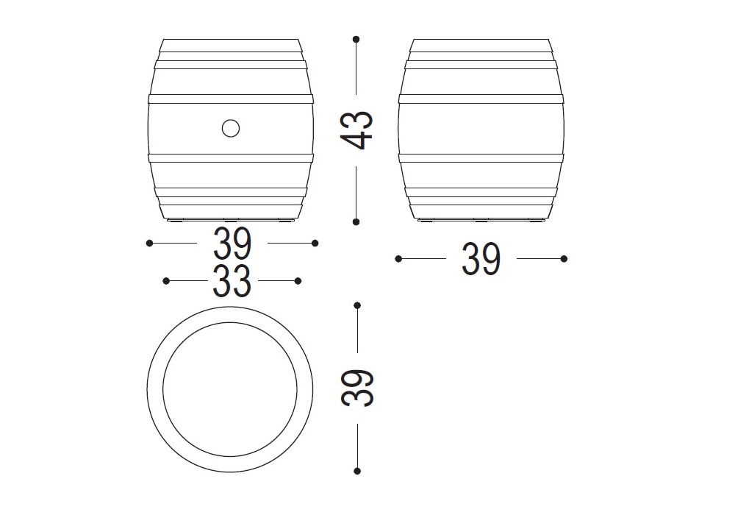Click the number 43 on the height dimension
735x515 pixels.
coord(356,130)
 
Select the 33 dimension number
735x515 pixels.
coord(232,282)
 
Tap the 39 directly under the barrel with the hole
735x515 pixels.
coord(232,244)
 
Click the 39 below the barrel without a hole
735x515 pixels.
coord(481,259)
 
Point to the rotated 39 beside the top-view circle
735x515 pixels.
coord(356,388)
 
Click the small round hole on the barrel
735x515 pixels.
coord(231,128)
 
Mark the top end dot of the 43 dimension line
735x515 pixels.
coord(356,39)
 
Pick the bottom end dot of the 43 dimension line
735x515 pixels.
coord(356,222)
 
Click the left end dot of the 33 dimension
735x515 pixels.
coord(166,281)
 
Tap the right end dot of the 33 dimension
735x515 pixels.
coord(298,281)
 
